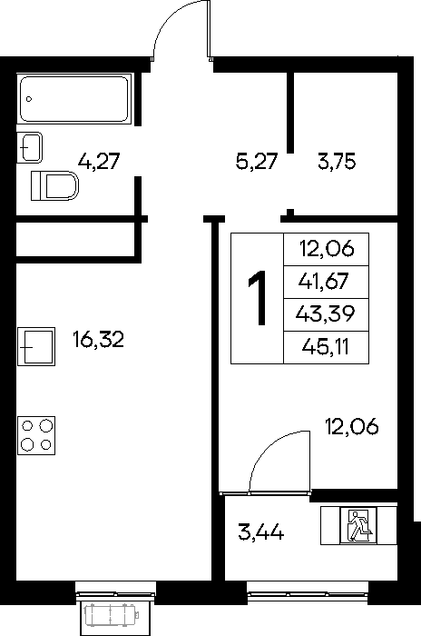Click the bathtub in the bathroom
click(74, 99)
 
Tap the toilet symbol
click(54, 185)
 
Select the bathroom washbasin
click(29, 147)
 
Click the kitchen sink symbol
click(36, 346)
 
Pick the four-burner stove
click(36, 435)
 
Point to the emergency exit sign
click(358, 525)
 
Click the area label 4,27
click(99, 161)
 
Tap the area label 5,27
click(257, 161)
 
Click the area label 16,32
click(99, 340)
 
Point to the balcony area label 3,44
click(261, 532)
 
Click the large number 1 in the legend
click(258, 298)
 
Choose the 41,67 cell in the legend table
click(326, 283)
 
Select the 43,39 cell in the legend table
click(326, 315)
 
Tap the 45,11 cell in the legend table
click(326, 348)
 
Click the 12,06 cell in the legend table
click(326, 250)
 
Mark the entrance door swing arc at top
click(170, 20)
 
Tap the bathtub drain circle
click(29, 99)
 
